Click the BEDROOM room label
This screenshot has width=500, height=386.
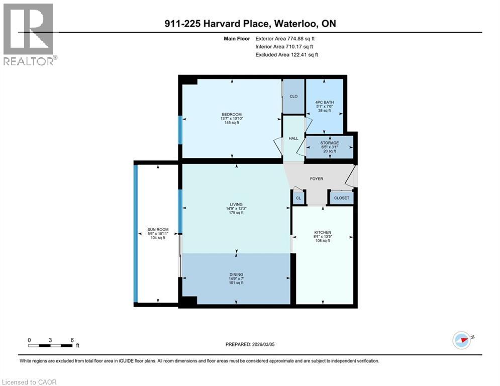click(x=231, y=114)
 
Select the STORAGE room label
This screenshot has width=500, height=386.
click(x=330, y=143)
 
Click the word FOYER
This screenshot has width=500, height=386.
click(x=317, y=179)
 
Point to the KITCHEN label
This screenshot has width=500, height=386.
click(x=322, y=232)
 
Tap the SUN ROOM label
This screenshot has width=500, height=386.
click(x=158, y=230)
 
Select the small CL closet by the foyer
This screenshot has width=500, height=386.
click(x=298, y=199)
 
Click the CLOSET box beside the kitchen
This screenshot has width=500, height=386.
click(x=342, y=199)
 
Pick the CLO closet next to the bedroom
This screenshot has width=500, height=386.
click(x=293, y=96)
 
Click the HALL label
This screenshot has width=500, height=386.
click(x=293, y=138)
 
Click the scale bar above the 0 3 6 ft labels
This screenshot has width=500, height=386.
click(x=50, y=345)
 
